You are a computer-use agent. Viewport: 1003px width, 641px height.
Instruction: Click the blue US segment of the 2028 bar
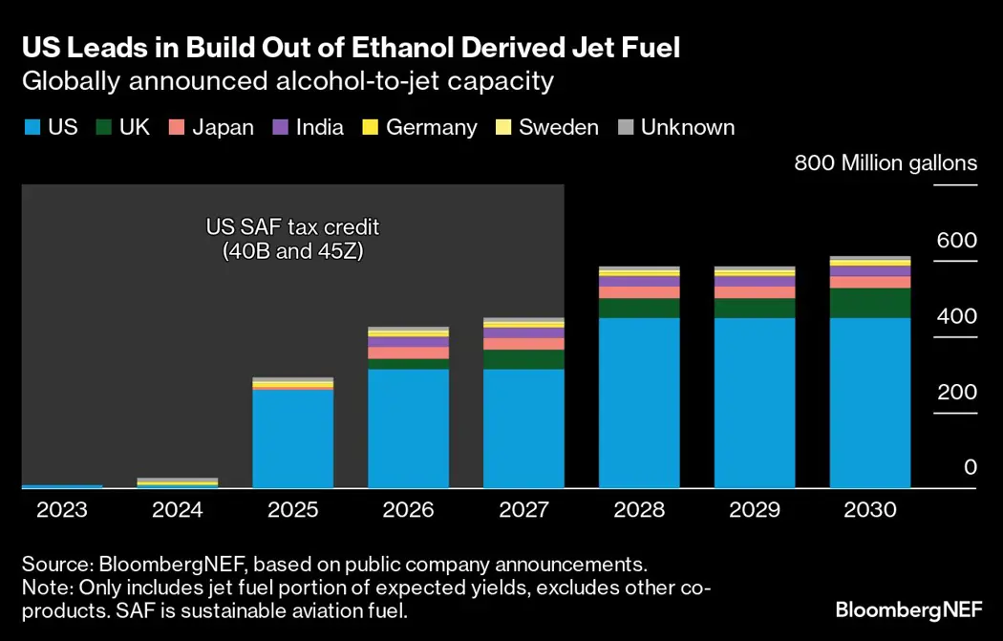(x=639, y=402)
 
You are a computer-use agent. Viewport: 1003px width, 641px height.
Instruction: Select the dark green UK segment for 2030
(x=870, y=303)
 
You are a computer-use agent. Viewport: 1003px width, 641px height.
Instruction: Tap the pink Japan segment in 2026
(x=408, y=353)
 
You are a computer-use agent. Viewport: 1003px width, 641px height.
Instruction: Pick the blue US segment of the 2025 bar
(x=292, y=438)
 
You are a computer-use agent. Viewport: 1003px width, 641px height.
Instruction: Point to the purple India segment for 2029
(x=755, y=282)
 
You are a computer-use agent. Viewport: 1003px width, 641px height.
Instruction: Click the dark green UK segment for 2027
(x=523, y=359)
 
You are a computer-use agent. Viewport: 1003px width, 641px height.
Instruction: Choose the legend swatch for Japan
(x=176, y=128)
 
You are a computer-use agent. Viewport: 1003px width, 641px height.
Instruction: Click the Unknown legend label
(x=688, y=128)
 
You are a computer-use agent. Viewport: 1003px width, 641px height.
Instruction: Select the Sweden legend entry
(x=559, y=128)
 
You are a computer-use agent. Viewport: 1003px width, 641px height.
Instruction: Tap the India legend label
(x=320, y=128)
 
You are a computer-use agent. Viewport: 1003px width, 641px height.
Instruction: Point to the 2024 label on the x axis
(x=177, y=510)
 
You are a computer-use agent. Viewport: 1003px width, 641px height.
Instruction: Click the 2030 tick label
(x=870, y=510)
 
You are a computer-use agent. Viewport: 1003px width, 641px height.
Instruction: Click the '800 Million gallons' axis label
(x=886, y=163)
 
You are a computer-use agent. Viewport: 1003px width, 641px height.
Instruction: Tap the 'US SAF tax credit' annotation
(x=293, y=228)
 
